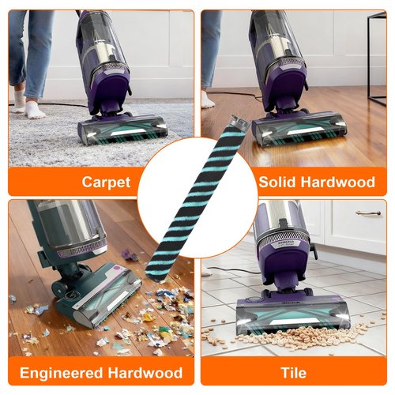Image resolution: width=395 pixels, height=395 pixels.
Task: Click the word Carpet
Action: (x=106, y=182)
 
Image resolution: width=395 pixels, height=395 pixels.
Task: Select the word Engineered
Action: (x=61, y=373)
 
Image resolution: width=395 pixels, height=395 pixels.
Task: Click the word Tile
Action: (x=294, y=373)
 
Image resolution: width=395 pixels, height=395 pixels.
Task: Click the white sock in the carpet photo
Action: (x=34, y=109)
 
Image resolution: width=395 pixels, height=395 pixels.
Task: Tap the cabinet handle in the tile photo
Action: (x=368, y=213)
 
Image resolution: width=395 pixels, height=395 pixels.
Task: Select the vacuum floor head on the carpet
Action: (x=122, y=129)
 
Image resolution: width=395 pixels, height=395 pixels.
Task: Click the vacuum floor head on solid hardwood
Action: (x=299, y=129)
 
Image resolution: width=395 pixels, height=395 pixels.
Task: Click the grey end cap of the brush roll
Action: (x=239, y=122)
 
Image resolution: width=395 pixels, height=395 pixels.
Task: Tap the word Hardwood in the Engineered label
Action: (x=145, y=373)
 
